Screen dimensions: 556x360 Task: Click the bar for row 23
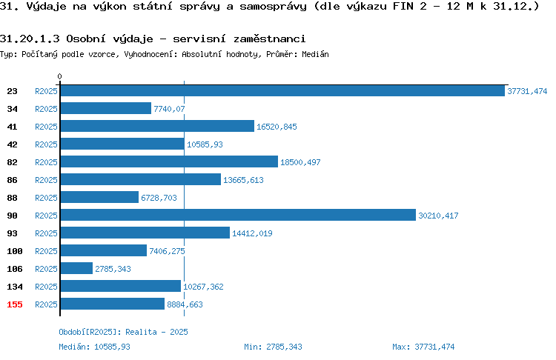click(282, 90)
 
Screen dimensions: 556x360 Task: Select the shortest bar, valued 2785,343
click(76, 268)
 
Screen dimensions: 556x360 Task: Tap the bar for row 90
click(238, 215)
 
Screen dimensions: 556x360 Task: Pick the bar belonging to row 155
click(113, 304)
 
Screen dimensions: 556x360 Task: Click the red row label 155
click(15, 304)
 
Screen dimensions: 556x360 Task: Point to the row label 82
click(12, 162)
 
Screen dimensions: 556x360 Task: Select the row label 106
click(15, 269)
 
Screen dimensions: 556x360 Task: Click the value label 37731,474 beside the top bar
click(527, 91)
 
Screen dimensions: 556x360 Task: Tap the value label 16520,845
click(277, 127)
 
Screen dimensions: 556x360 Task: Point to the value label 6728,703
click(159, 198)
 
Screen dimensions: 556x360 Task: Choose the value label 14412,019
click(252, 233)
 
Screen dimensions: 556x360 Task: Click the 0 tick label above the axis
click(59, 76)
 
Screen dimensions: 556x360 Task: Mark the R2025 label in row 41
click(46, 127)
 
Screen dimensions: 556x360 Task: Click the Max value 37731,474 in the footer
click(434, 347)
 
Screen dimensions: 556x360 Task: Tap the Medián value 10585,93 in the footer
click(112, 347)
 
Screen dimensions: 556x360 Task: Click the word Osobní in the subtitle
click(85, 39)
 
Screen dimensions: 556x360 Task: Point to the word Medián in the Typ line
click(315, 54)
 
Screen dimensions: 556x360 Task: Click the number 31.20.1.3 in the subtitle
click(30, 39)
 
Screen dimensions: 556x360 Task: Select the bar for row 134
click(121, 286)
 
